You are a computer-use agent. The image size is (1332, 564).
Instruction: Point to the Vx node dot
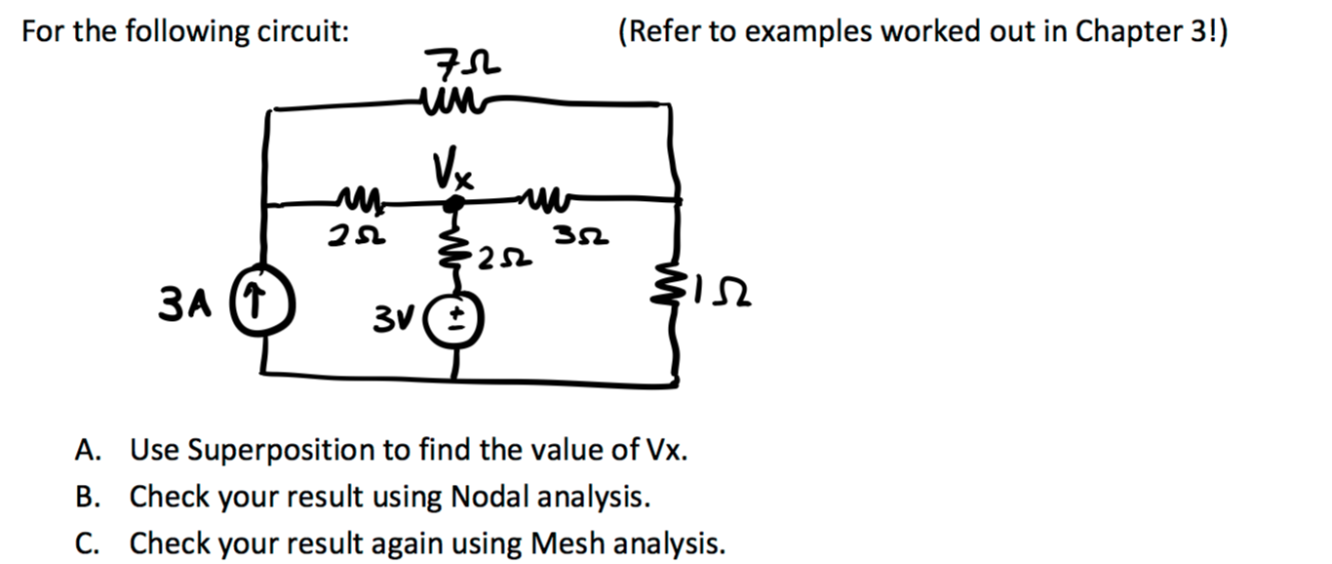453,205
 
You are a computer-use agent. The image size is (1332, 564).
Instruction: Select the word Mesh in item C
560,542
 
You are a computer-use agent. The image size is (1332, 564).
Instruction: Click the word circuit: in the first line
303,31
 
